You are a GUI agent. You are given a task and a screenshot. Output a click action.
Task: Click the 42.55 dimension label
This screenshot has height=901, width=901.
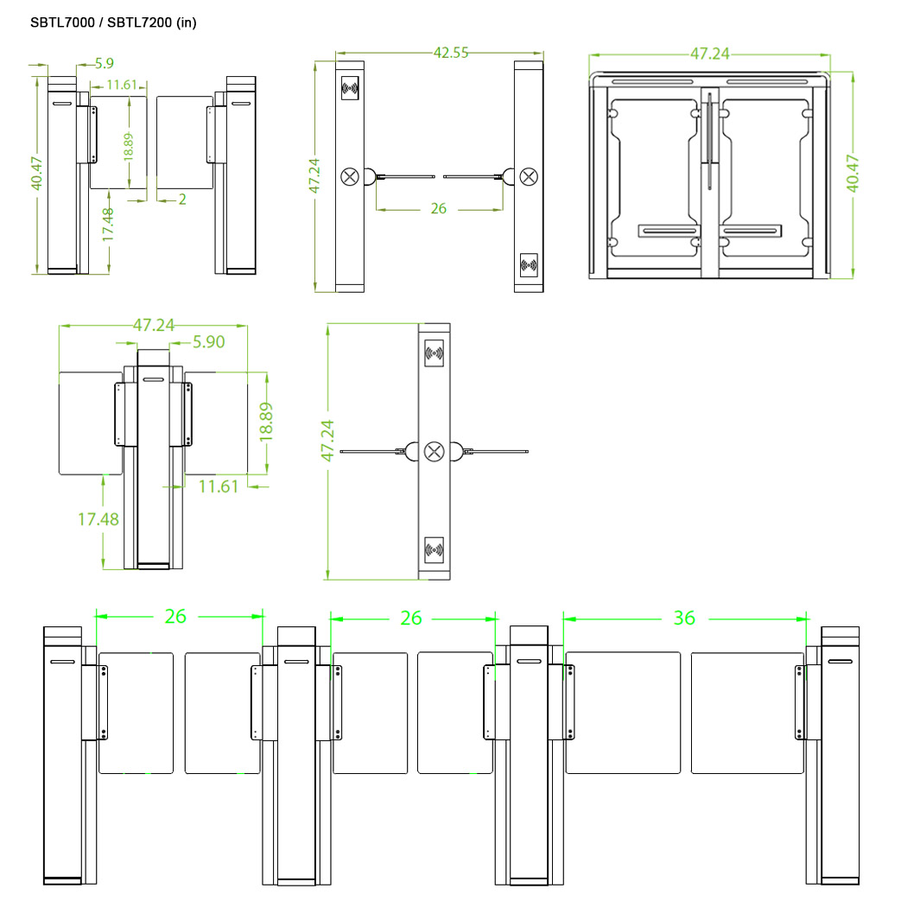point(450,53)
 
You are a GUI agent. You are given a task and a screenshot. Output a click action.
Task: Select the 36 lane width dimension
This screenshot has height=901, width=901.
point(684,618)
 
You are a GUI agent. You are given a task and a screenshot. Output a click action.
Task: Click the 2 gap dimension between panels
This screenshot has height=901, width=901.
point(182,200)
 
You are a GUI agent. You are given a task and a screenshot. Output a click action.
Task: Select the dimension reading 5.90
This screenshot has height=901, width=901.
point(208,342)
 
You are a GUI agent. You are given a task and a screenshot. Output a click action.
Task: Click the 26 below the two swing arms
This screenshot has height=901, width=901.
point(438,208)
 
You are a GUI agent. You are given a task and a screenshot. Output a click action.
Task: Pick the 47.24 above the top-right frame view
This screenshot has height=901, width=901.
point(709,54)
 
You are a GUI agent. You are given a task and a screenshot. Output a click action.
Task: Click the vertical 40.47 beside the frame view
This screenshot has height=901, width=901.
point(853,173)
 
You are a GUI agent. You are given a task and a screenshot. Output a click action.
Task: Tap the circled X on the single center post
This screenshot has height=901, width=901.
point(435,451)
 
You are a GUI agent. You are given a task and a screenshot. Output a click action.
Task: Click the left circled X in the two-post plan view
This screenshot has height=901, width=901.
point(350,176)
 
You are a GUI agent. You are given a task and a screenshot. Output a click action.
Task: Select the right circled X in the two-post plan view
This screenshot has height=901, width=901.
point(528,176)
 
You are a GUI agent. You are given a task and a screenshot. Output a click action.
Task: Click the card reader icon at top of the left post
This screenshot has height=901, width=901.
point(351,87)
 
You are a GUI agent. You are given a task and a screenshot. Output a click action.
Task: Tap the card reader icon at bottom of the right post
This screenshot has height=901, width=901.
point(528,266)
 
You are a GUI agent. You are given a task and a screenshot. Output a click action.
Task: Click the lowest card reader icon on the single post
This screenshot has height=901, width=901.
point(435,549)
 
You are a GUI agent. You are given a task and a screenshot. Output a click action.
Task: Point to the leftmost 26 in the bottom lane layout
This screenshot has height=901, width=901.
point(175,617)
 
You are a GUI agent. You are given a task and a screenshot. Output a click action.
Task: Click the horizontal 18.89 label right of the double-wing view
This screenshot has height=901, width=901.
point(268,422)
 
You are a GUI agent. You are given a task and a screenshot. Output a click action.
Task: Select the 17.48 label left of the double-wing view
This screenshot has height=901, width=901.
point(98,519)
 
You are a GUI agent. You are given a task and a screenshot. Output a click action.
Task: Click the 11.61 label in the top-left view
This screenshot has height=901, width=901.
point(123,85)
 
